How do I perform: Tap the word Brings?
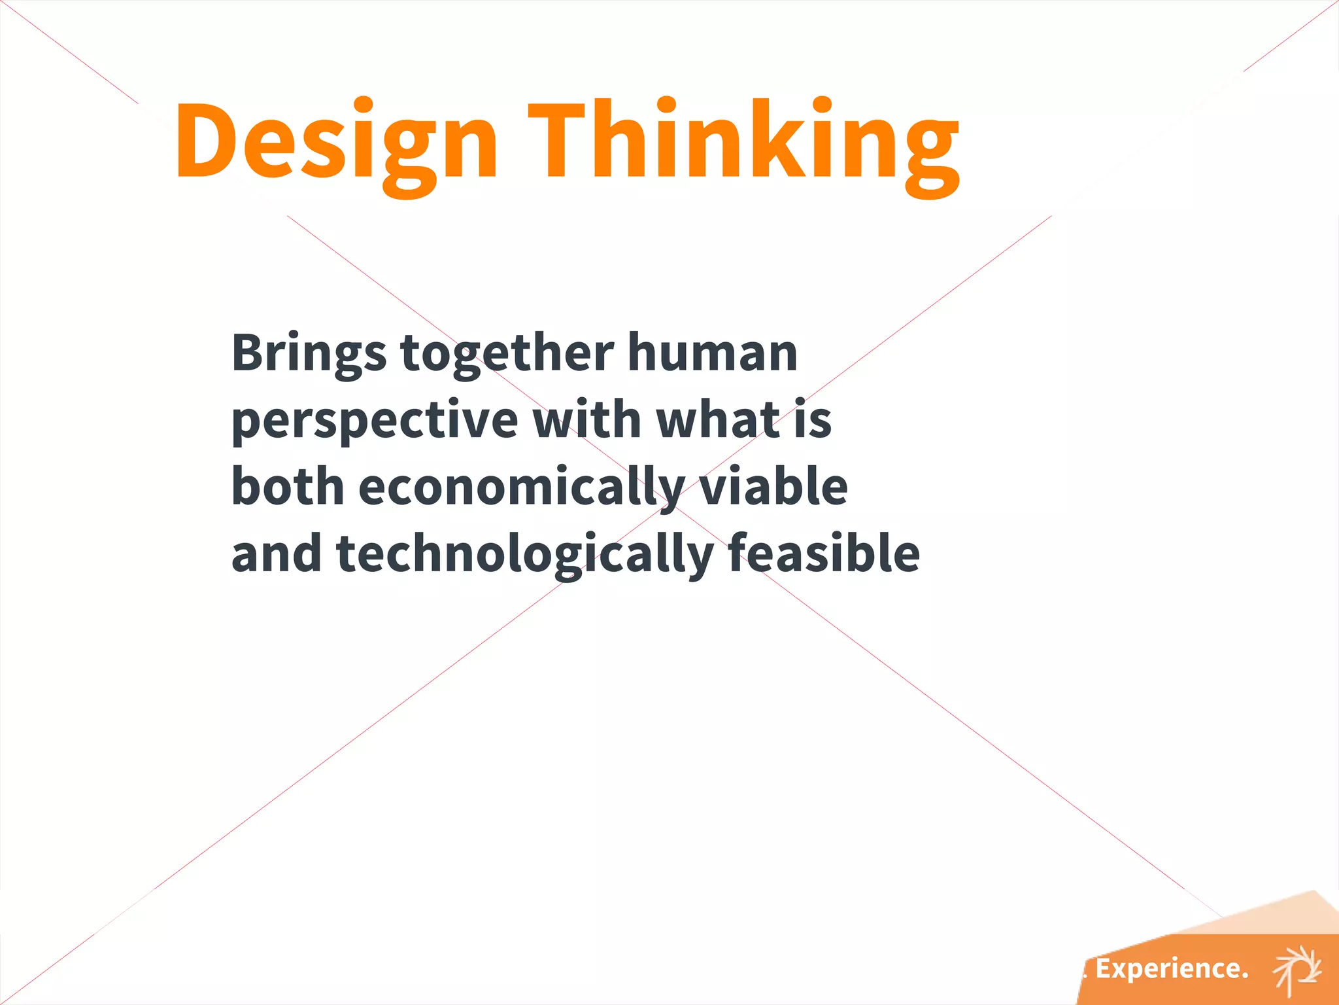pos(309,353)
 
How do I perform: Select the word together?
pos(507,353)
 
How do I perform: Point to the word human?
pos(713,353)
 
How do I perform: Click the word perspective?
pos(375,421)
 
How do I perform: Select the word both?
pos(288,487)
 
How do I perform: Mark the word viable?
pos(773,487)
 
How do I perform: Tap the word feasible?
pos(824,554)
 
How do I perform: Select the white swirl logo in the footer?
pos(1297,969)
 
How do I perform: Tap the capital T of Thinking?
pos(564,139)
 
